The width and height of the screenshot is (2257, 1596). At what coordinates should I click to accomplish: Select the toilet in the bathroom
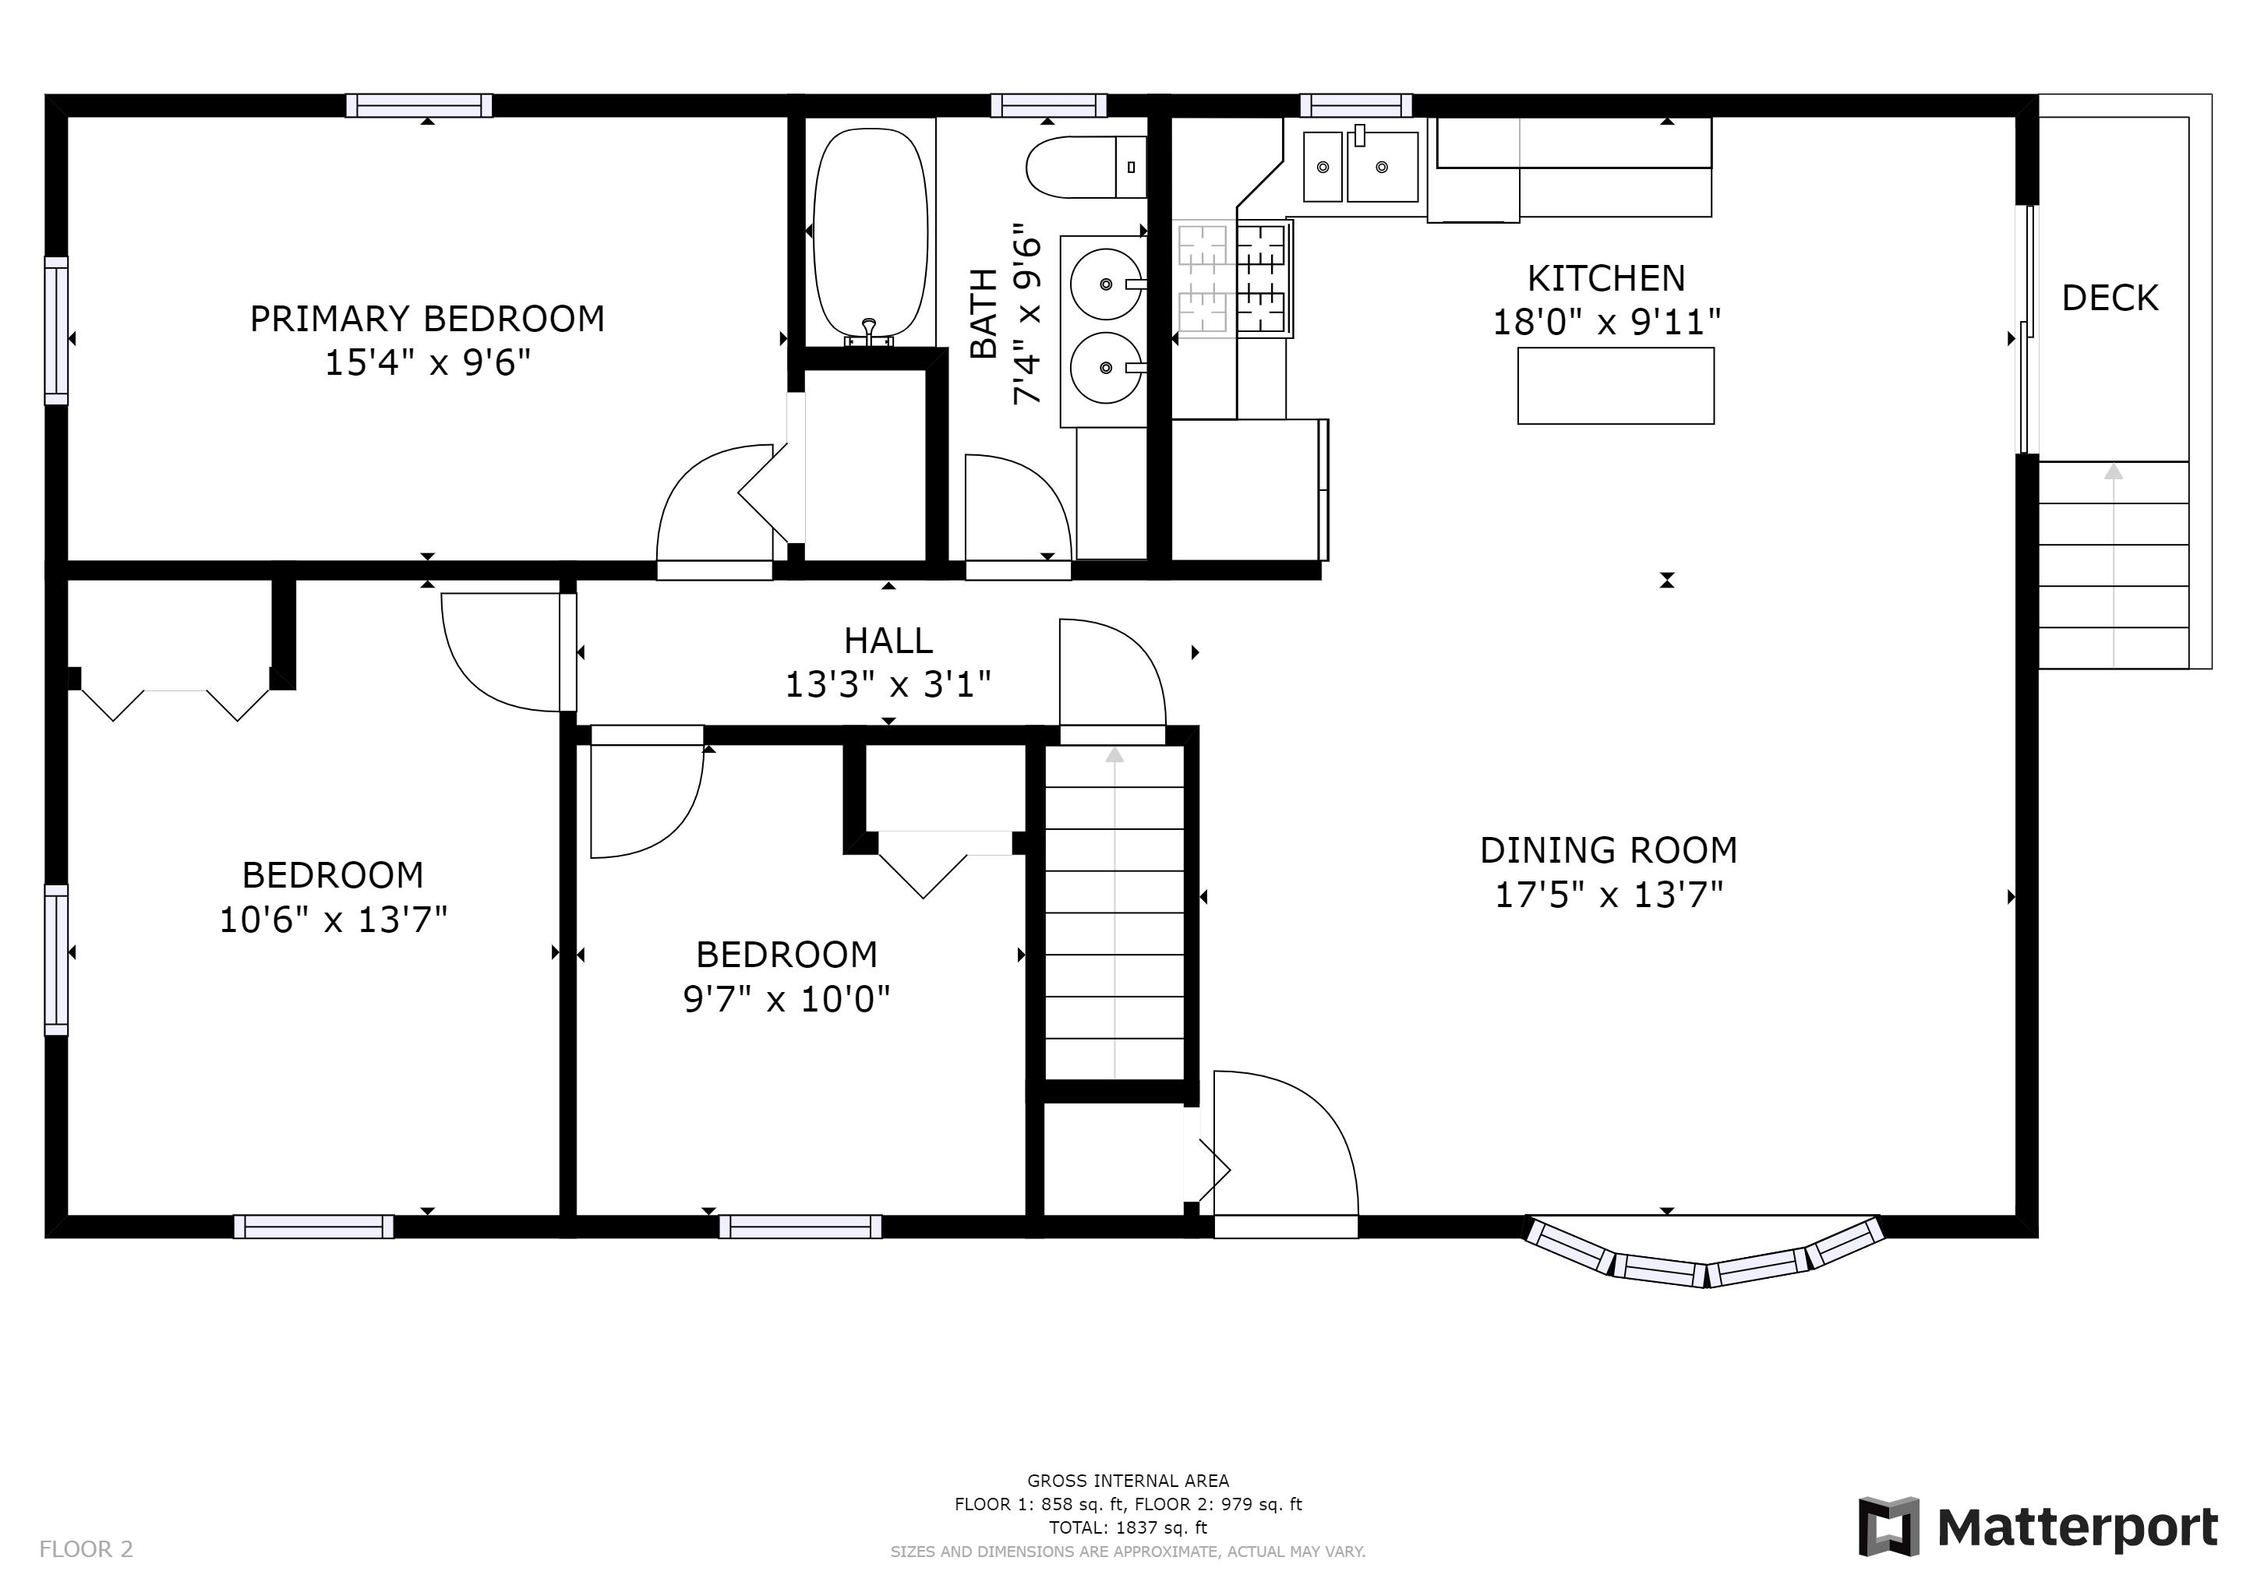tap(1086, 167)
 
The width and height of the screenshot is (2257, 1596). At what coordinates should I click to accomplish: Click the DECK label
tap(2110, 298)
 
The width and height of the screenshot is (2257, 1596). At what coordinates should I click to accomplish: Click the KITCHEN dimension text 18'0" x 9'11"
tap(1606, 323)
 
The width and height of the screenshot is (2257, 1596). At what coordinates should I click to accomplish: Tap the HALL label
tap(888, 641)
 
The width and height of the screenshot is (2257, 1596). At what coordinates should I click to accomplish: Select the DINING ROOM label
tap(1609, 850)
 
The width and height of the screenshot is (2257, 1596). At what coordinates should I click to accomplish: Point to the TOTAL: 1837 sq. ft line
tap(1128, 1528)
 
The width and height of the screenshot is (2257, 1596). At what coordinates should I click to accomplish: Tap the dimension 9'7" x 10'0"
tap(786, 1000)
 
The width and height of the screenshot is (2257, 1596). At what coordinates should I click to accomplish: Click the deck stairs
tap(2114, 565)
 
